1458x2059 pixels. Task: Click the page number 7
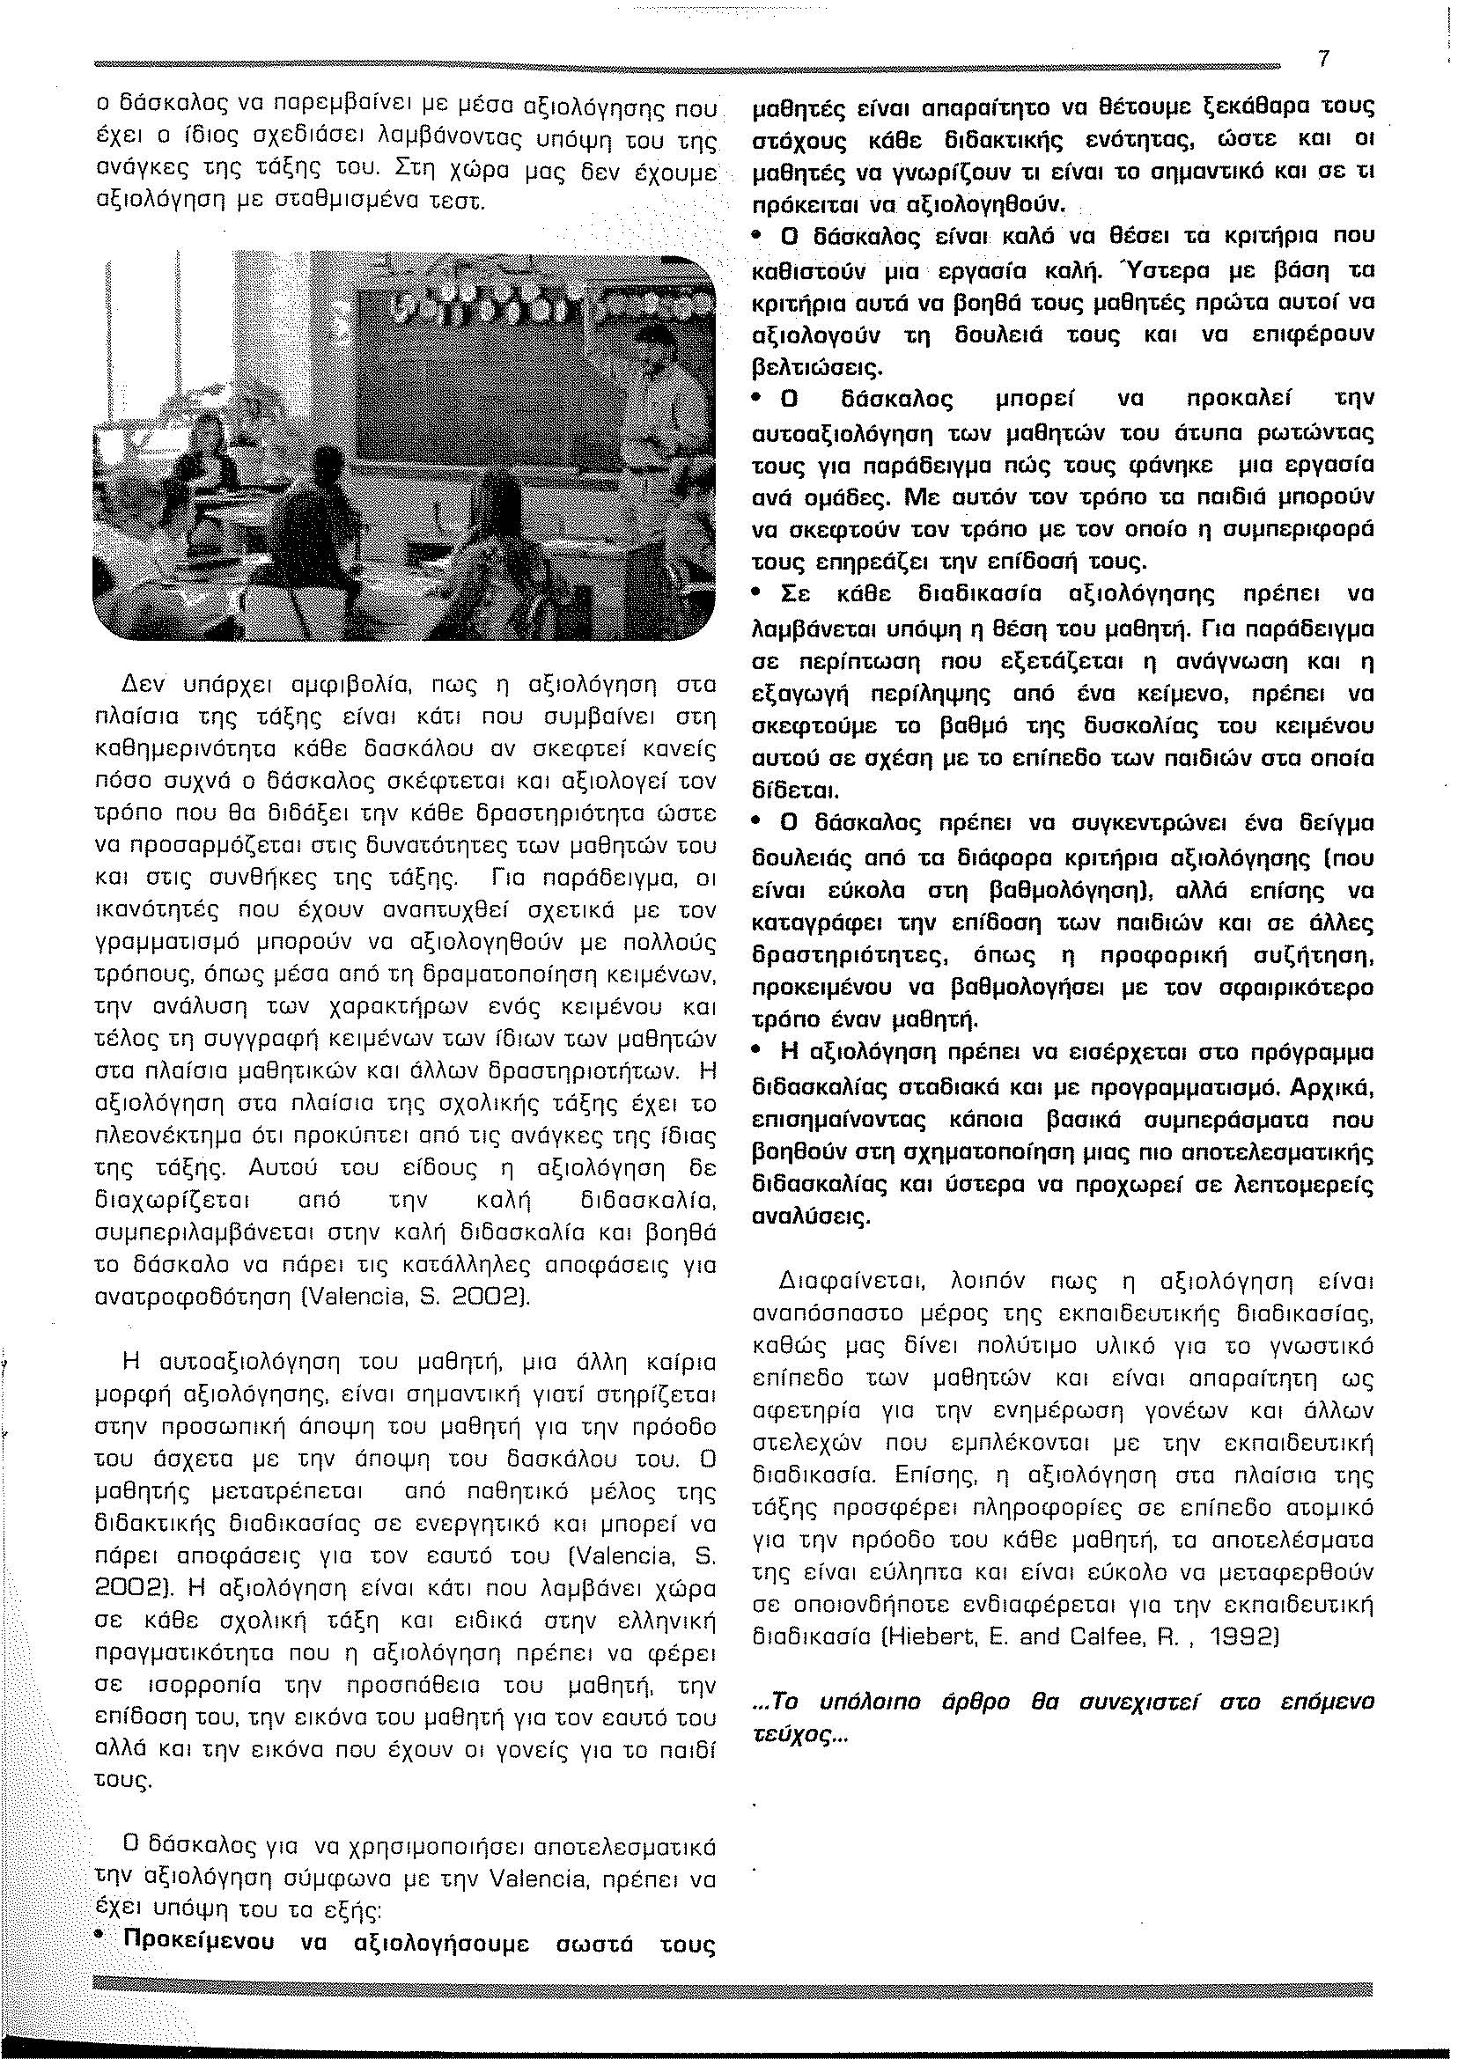[x=1322, y=59]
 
